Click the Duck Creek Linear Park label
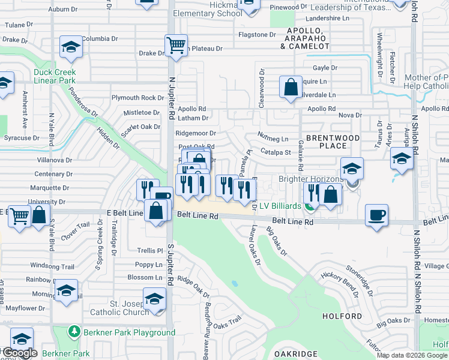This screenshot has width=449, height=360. [x=55, y=76]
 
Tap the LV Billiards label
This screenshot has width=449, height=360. [x=280, y=206]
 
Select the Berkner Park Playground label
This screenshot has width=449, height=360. [x=129, y=332]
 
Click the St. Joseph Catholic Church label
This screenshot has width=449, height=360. [x=119, y=308]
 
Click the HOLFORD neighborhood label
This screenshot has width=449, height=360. [x=342, y=316]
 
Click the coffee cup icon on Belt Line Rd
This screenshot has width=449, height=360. [x=376, y=215]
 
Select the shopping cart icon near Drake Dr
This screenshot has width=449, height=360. [x=176, y=44]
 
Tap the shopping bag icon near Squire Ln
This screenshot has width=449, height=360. [x=291, y=87]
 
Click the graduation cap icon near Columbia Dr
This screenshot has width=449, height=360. [x=71, y=47]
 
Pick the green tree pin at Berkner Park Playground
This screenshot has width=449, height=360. [x=74, y=331]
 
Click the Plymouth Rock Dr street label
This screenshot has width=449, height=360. [x=137, y=98]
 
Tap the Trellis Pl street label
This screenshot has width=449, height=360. [x=149, y=251]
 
